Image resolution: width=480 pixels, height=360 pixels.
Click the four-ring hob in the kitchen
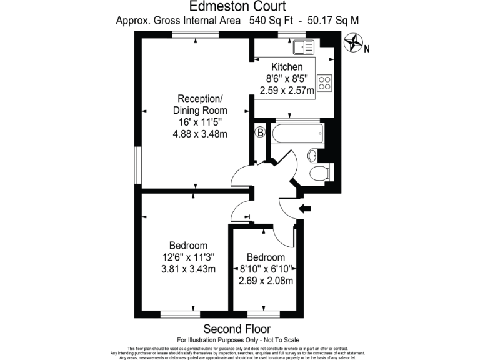coord(324,83)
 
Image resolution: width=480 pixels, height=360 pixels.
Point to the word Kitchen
coord(287,67)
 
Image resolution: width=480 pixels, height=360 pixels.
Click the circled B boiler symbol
coord(259,132)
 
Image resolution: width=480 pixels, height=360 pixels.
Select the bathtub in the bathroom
coord(296,132)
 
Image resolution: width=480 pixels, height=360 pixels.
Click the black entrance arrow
coord(306,209)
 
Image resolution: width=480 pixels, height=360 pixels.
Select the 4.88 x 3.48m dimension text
coord(199,134)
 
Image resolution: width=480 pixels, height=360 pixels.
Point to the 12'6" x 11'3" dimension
coord(188,257)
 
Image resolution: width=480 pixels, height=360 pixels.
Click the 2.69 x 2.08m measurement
coord(266,281)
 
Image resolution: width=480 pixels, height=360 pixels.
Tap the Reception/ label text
coord(199,99)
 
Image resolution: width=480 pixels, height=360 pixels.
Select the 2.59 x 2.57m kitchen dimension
coord(287,91)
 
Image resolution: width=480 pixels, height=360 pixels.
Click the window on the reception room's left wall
coord(139,165)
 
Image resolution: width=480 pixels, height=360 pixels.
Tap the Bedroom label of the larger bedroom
coord(188,246)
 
